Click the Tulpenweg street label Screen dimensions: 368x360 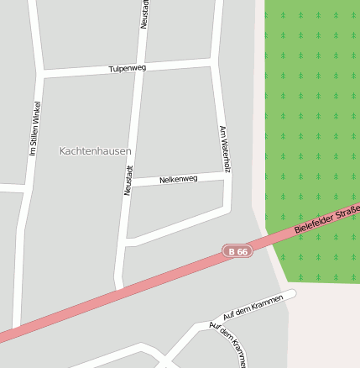(x=128, y=68)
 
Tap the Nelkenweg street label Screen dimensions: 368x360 (x=178, y=179)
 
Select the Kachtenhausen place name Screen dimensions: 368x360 (x=96, y=150)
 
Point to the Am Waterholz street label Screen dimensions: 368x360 (x=224, y=150)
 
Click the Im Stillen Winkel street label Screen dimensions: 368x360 (x=35, y=129)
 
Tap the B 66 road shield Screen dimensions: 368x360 (x=237, y=251)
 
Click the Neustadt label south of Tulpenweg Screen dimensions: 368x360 (x=128, y=180)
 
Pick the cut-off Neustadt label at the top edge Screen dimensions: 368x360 (x=144, y=13)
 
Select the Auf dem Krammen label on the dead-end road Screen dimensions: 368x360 (x=248, y=308)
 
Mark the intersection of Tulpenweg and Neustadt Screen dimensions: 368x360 (x=141, y=70)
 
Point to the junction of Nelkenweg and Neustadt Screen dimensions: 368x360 (x=130, y=183)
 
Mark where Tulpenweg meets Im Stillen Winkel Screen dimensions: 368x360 (x=40, y=76)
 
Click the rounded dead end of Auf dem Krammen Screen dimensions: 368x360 (x=292, y=294)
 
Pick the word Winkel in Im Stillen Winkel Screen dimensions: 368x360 (x=36, y=113)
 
